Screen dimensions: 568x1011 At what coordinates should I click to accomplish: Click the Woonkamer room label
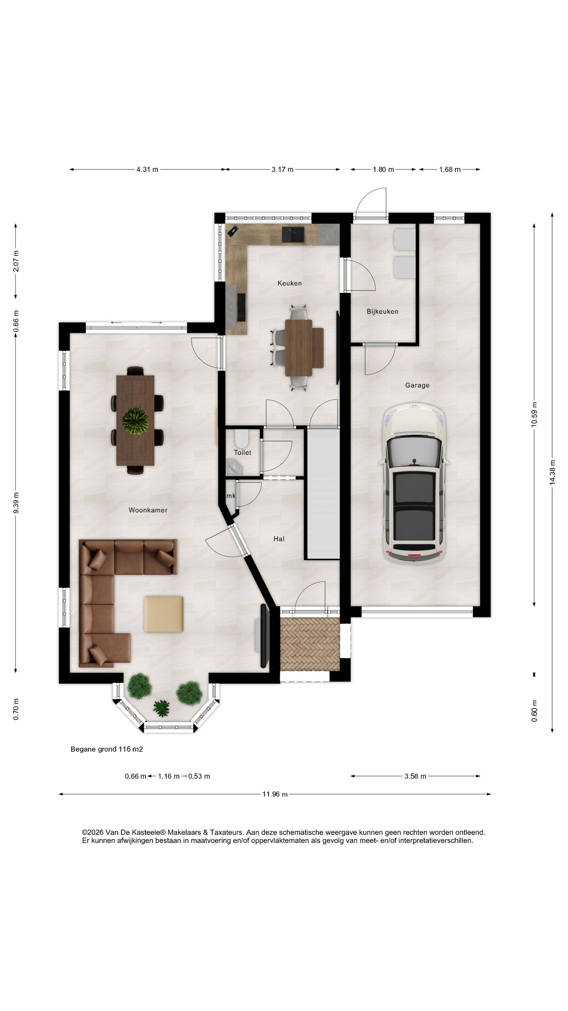[148, 510]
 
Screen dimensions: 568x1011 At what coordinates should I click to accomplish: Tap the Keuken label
[290, 283]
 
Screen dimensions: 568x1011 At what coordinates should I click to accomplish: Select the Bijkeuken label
[382, 312]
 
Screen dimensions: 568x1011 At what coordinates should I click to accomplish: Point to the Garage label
[417, 385]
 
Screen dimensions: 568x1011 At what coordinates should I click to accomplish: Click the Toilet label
[242, 453]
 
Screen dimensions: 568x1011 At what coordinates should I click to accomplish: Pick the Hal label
[279, 539]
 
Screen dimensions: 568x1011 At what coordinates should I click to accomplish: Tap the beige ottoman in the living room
[163, 614]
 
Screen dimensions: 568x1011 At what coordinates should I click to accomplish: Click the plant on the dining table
[135, 421]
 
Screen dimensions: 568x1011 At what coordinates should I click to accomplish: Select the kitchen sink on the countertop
[293, 235]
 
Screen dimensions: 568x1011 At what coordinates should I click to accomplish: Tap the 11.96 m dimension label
[275, 794]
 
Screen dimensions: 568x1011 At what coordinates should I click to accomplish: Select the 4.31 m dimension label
[147, 169]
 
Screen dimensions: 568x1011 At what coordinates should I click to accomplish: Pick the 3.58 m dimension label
[415, 776]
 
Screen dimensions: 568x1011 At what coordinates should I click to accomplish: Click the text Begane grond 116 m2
[106, 749]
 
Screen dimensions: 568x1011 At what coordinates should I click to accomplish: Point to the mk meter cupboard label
[231, 496]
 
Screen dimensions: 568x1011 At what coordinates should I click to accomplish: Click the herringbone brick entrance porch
[310, 644]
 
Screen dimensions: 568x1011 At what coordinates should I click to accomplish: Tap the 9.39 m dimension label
[16, 503]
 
